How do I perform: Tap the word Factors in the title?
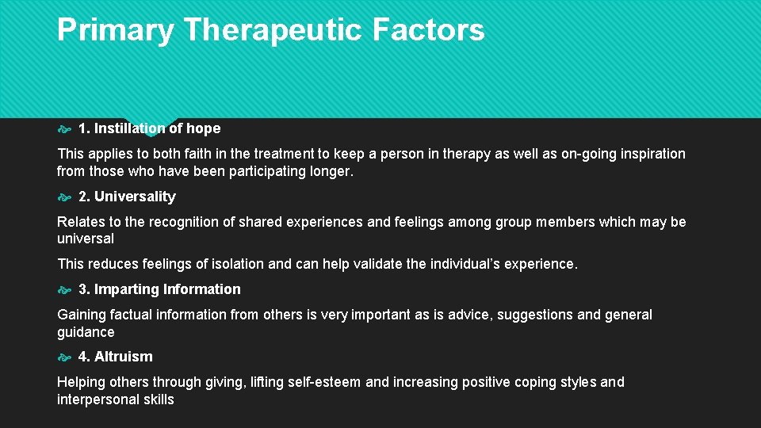[428, 30]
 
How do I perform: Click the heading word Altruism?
[123, 357]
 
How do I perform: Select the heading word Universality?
[135, 197]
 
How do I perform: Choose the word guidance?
[86, 332]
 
